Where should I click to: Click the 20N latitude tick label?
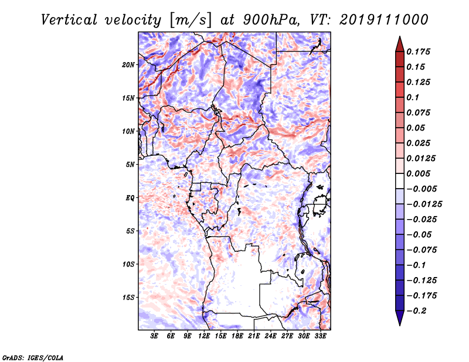(128, 65)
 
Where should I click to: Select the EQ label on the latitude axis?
(130, 198)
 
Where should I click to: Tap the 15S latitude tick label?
(128, 298)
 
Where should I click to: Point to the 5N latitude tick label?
(130, 165)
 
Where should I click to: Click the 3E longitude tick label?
(154, 336)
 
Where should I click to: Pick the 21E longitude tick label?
(254, 336)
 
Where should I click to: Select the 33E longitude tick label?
(320, 336)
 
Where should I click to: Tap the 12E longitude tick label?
(204, 336)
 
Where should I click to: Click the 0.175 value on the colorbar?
(418, 52)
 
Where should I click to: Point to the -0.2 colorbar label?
(416, 311)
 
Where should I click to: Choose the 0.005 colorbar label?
(418, 173)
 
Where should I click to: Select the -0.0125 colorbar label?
(424, 204)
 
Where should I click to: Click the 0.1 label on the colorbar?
(413, 97)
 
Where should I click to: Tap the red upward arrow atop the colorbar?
(400, 44)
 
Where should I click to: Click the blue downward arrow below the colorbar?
(400, 318)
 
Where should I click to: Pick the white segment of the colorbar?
(400, 181)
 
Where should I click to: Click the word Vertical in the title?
(69, 20)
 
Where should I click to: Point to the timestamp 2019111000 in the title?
(384, 20)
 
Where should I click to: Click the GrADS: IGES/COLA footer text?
(33, 358)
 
